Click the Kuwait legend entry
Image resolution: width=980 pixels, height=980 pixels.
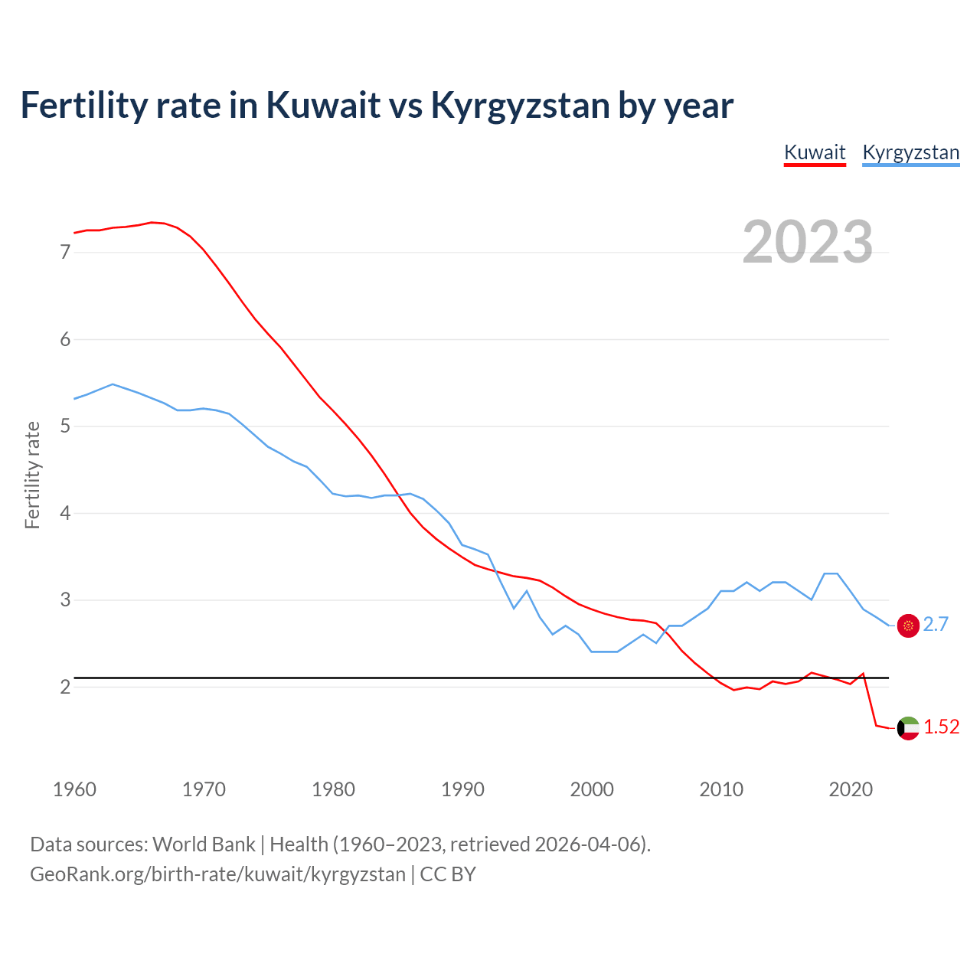(x=815, y=152)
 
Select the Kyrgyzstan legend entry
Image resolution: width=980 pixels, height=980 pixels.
(x=910, y=152)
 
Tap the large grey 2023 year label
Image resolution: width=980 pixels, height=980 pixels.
(x=808, y=242)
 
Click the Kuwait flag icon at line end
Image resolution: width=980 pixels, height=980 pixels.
(x=908, y=728)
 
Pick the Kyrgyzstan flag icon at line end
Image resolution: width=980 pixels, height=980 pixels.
(x=908, y=626)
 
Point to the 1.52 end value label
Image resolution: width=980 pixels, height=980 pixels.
(x=941, y=727)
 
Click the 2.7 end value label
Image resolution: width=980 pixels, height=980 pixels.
(x=936, y=625)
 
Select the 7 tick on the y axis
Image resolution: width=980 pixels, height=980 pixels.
(x=65, y=252)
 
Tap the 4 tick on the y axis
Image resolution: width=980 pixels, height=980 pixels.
(x=65, y=513)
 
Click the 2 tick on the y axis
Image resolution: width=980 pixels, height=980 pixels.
(x=65, y=687)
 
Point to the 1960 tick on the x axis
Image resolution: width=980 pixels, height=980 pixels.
(x=74, y=789)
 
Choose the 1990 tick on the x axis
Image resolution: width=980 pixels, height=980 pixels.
(x=462, y=789)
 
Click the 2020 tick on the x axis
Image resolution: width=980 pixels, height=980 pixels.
(x=851, y=789)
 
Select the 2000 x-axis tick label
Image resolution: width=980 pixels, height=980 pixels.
(x=592, y=789)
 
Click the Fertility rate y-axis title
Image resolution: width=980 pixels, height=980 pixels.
(x=32, y=475)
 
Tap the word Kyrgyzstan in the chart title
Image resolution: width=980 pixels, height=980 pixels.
(x=520, y=105)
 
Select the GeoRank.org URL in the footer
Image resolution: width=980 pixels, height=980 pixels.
(x=217, y=874)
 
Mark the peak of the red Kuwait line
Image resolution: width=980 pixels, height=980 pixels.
(x=152, y=222)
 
